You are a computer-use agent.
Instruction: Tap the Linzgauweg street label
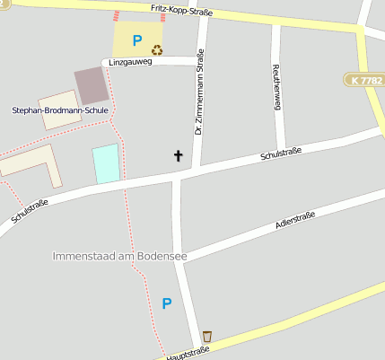point(130,63)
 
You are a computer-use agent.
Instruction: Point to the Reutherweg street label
point(277,87)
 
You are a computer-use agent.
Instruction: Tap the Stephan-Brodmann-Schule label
point(59,110)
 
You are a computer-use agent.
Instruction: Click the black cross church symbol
point(178,156)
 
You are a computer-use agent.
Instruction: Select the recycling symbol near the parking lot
point(157,50)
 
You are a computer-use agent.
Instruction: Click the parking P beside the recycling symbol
point(137,40)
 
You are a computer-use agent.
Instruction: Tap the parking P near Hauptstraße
point(166,303)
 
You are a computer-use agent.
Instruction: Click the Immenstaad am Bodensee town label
point(119,257)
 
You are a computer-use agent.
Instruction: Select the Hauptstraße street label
point(188,352)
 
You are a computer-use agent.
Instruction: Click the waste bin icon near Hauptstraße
point(207,336)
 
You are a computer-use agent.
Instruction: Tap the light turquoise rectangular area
point(106,163)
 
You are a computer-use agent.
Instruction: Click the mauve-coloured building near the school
point(90,85)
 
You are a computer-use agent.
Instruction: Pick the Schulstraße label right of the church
point(280,154)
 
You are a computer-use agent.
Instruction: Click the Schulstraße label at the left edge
point(30,211)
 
